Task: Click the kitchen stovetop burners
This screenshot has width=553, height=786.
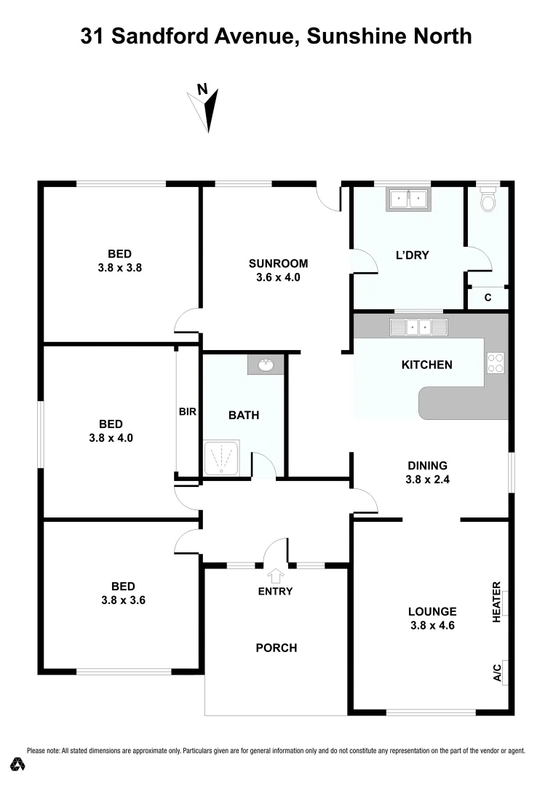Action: click(496, 362)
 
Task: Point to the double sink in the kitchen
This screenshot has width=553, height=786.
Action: click(418, 327)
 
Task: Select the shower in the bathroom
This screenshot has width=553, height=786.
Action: click(223, 459)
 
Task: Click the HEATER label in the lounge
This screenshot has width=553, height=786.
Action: click(498, 601)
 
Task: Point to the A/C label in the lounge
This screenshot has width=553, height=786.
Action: click(498, 673)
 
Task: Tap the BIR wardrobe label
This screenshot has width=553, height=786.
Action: click(188, 412)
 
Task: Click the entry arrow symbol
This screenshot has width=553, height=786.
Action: click(275, 576)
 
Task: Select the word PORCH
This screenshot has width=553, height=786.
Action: click(277, 648)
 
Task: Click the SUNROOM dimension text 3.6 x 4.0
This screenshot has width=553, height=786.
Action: click(279, 277)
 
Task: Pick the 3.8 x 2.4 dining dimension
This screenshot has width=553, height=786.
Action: click(426, 480)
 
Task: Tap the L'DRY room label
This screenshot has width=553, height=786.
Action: click(412, 255)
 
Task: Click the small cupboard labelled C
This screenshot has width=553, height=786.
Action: click(488, 297)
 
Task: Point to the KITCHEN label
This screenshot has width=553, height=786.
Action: click(427, 365)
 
